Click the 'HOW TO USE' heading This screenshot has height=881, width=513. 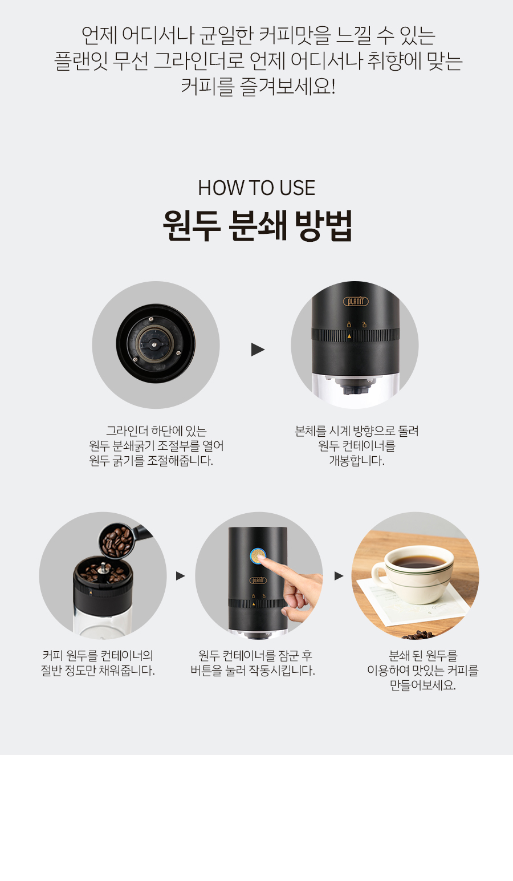pos(256,188)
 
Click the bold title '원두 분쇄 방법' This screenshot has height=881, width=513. pos(257,225)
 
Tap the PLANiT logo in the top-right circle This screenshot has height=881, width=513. pos(356,302)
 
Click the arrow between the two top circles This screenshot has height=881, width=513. pos(258,349)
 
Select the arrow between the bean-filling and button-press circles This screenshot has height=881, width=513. pos(181,576)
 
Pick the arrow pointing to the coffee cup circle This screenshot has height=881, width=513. pos(339,576)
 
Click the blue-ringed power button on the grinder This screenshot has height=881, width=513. pos(258,556)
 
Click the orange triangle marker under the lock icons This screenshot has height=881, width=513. pos(349,336)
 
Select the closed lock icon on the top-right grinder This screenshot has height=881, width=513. pos(348,324)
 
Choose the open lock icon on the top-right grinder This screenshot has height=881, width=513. pos(364,324)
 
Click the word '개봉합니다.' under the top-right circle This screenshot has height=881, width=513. pos(357,461)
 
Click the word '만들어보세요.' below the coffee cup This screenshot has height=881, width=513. pos(422,685)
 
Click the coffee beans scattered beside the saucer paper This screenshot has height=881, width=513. pos(417,635)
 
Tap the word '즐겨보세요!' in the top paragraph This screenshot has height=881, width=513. pos(287,86)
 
